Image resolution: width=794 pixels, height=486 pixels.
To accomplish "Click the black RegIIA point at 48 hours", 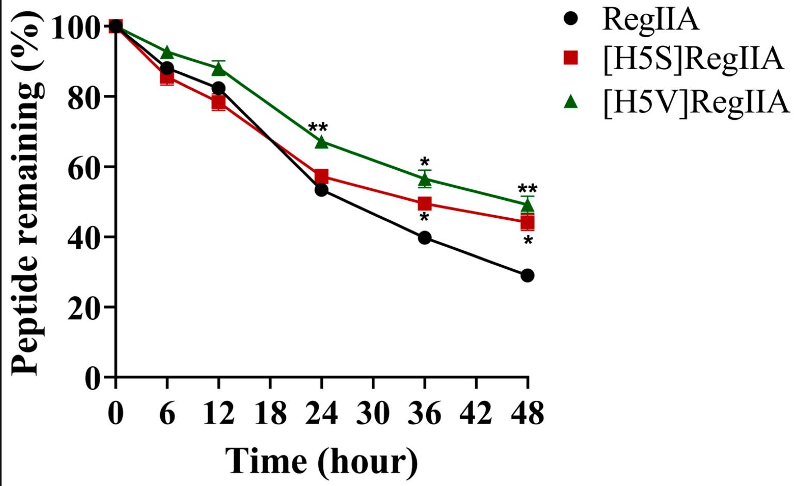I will coord(527,276).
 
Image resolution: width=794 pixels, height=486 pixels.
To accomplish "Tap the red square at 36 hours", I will coord(424,204).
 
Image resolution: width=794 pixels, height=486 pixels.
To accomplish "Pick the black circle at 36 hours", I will coord(425,238).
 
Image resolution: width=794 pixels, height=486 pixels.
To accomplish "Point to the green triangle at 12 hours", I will coord(219,69).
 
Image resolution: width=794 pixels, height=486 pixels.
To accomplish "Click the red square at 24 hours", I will coord(321,176).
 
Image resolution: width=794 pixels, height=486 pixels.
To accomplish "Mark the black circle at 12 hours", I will coord(219,89).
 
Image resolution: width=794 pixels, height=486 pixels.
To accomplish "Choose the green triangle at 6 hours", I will coord(167,53).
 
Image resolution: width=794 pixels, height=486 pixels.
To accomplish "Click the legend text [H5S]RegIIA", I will coord(693,58).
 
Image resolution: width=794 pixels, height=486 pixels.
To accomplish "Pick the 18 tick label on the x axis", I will coord(270,413).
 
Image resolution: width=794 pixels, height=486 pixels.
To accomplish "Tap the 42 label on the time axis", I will coord(476,413).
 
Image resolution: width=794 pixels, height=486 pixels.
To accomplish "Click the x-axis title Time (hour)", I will coord(321,460).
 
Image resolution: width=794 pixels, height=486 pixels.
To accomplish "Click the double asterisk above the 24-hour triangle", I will coord(318,127).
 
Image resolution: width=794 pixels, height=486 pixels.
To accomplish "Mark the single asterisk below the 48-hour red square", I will coord(527,240).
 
